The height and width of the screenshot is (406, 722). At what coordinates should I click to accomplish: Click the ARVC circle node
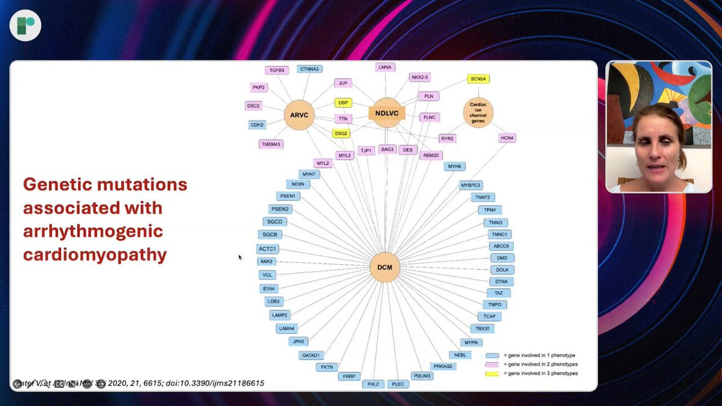pyautogui.click(x=299, y=114)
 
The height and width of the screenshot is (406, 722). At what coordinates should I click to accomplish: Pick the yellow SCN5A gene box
pyautogui.click(x=479, y=79)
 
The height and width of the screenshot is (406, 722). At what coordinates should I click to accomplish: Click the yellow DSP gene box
pyautogui.click(x=343, y=103)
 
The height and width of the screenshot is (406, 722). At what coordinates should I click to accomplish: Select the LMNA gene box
pyautogui.click(x=385, y=67)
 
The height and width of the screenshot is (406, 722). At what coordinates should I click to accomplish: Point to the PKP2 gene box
pyautogui.click(x=259, y=88)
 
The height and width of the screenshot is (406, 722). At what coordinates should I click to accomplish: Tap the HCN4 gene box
pyautogui.click(x=507, y=138)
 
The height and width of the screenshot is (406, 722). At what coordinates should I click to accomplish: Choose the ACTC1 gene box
pyautogui.click(x=268, y=249)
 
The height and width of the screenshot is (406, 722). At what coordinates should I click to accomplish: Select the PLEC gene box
pyautogui.click(x=398, y=384)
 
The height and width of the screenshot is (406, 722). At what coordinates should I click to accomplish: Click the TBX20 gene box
pyautogui.click(x=482, y=329)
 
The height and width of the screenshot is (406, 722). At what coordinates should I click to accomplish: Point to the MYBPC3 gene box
pyautogui.click(x=471, y=185)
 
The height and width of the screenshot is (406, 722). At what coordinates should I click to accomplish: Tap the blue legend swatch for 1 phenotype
pyautogui.click(x=493, y=355)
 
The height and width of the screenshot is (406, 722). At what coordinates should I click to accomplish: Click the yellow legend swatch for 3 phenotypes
pyautogui.click(x=493, y=374)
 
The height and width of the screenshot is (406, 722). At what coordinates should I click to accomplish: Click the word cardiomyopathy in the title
pyautogui.click(x=95, y=254)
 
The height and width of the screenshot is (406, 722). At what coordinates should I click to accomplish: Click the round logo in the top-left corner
pyautogui.click(x=25, y=25)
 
